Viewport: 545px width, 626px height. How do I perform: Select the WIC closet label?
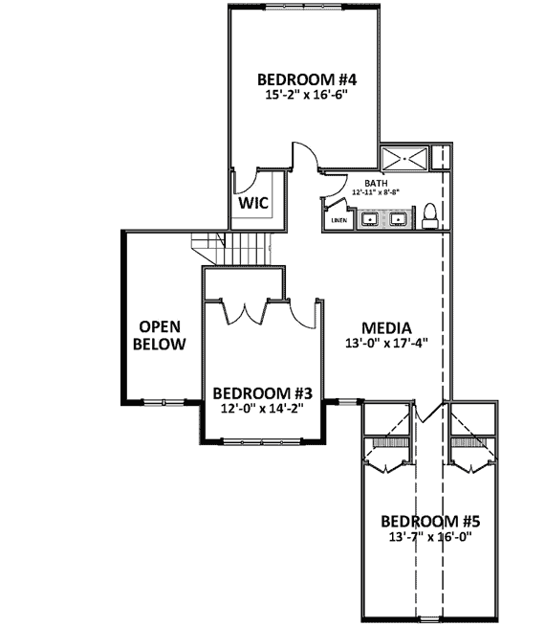pos(252,203)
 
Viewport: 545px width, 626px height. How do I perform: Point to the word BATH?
pos(375,183)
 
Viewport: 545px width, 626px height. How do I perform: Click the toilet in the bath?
pos(430,216)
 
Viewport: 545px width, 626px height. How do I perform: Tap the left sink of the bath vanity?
pos(367,221)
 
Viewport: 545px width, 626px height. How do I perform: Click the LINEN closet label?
pos(338,220)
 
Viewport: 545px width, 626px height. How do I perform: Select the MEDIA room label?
pos(386,325)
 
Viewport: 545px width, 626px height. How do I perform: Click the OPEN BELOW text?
pos(159,334)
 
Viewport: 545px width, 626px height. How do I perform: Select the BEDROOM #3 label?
pos(263,392)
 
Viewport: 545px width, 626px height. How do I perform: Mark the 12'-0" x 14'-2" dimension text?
pos(263,408)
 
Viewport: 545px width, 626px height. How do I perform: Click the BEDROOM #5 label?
pos(430,522)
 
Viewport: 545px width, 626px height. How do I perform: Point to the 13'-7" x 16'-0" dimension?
pos(430,537)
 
